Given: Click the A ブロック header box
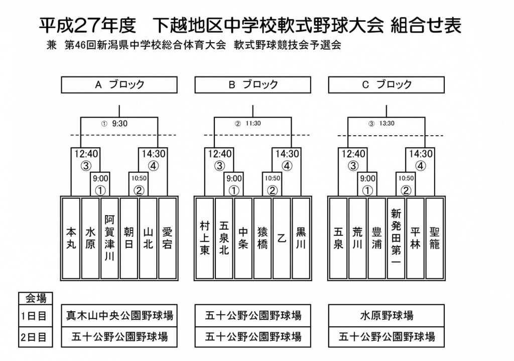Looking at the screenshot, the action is coord(119,85).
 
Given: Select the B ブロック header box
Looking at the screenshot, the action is coord(253,85).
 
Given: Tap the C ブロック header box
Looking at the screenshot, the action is coord(387,85).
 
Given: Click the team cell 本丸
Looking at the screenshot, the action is coord(71,238).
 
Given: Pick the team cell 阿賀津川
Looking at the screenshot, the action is coord(109,238).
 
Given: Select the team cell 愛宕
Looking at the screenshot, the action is coord(168,238).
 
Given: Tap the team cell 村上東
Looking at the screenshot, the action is coord(205,238).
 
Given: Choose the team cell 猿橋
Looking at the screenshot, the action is coord(263,238).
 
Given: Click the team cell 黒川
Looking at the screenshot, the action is coord(301,238).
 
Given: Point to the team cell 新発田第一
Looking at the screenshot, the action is coord(396,238).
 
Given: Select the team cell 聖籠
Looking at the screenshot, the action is coord(435,238).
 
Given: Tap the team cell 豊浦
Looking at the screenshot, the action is coord(377,238).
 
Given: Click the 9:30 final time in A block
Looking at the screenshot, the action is coord(119,124).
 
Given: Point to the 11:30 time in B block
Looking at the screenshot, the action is coord(253,124).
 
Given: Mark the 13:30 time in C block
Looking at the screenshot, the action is coord(387,124).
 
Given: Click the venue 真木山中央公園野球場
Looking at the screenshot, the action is coord(119,316).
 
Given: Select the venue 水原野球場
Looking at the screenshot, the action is coord(387,316).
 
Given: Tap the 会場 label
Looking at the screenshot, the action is coord(36,298).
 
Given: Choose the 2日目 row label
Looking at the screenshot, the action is coord(34,337).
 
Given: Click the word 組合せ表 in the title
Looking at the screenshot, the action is coord(426,25).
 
